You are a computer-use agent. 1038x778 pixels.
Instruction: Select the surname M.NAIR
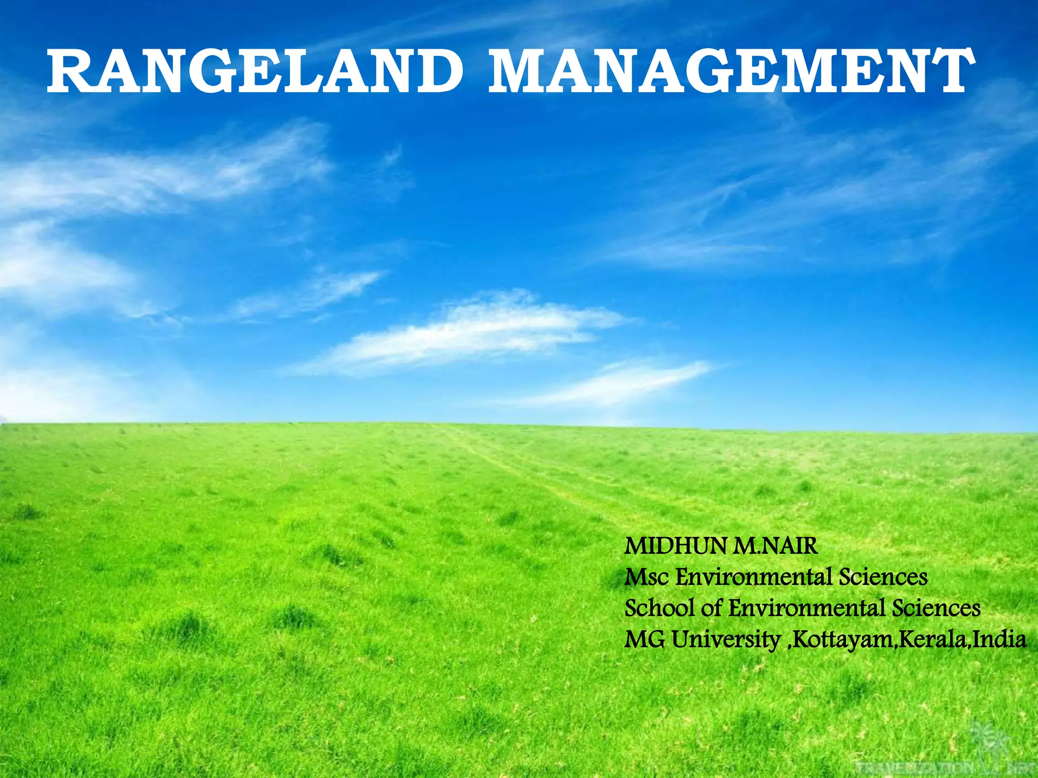click(775, 547)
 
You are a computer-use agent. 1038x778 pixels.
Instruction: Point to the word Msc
click(647, 577)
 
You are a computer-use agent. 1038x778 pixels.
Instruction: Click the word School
click(659, 608)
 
